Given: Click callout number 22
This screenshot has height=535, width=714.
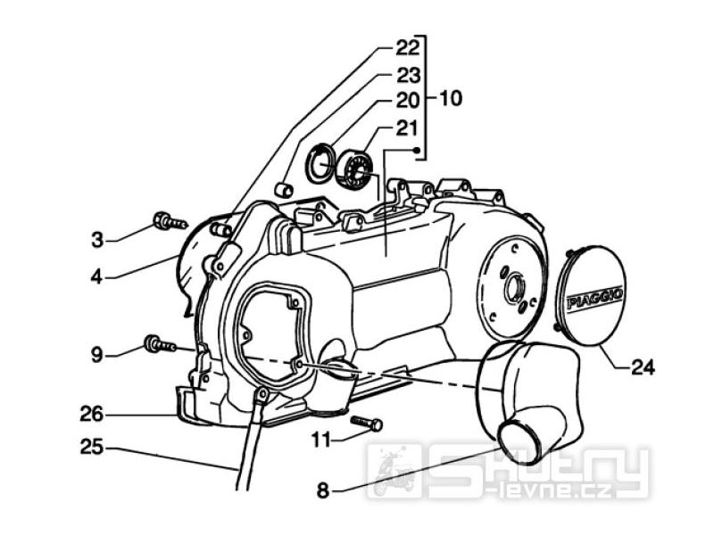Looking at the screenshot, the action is [x=408, y=48].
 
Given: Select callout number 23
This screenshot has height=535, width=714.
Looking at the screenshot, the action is [x=408, y=76].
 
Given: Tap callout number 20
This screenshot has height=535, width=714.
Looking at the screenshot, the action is [x=408, y=101].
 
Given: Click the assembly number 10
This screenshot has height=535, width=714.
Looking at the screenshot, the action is [x=450, y=98].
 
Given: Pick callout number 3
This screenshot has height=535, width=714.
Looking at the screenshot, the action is [x=97, y=239].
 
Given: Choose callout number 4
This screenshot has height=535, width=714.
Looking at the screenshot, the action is [x=96, y=276].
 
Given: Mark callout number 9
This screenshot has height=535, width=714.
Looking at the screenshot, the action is [x=96, y=355].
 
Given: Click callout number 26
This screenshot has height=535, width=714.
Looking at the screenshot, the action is [x=93, y=415].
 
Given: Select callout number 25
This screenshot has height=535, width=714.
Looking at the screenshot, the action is [x=93, y=448].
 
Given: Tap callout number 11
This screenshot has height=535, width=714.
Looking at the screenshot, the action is [x=322, y=440].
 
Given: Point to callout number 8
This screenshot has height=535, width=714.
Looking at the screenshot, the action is [x=322, y=490].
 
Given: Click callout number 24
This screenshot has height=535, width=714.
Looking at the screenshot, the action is [x=643, y=366].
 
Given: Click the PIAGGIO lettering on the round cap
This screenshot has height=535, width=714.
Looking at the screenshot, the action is [x=594, y=298].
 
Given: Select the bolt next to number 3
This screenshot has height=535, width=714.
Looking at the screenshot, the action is [x=170, y=220].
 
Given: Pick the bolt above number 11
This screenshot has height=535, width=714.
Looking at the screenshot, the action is [x=367, y=423].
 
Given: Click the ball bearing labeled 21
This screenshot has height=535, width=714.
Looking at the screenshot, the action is [x=356, y=169].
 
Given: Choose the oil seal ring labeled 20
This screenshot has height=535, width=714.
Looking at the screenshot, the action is [x=320, y=162].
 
